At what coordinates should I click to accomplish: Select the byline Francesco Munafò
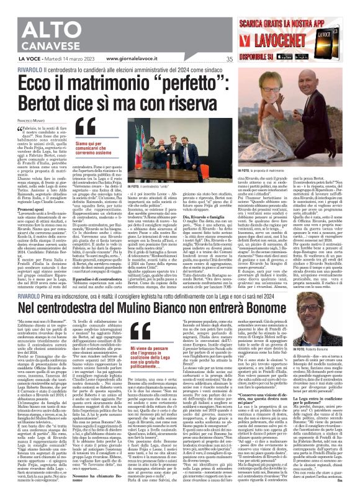pos(21,119)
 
